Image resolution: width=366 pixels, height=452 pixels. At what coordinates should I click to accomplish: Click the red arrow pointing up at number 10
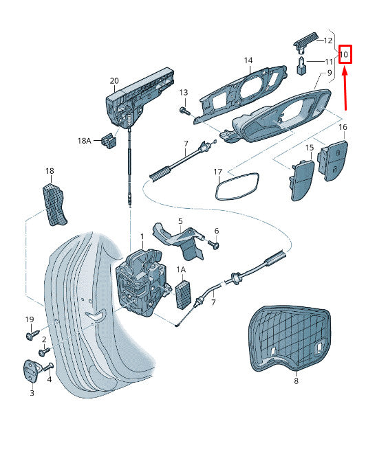pyautogui.click(x=345, y=89)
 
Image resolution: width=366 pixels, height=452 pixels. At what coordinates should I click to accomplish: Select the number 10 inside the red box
pyautogui.click(x=345, y=54)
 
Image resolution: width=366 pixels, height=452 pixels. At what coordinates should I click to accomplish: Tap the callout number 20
pyautogui.click(x=114, y=81)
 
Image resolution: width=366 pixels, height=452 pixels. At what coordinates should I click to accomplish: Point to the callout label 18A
pyautogui.click(x=84, y=140)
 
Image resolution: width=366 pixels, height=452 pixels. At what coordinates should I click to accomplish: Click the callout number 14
pyautogui.click(x=248, y=60)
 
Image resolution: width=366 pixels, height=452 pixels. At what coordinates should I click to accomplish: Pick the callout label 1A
pyautogui.click(x=182, y=271)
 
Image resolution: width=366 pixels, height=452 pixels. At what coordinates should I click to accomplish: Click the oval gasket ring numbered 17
pyautogui.click(x=235, y=185)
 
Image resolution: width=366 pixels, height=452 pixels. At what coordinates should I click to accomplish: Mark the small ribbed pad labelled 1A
pyautogui.click(x=184, y=294)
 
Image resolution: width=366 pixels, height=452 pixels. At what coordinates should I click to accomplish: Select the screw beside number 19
pyautogui.click(x=32, y=335)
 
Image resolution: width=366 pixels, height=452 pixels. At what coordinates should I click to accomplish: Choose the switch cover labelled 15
pyautogui.click(x=302, y=179)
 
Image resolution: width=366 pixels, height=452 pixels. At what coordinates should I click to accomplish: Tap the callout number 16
pyautogui.click(x=342, y=127)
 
